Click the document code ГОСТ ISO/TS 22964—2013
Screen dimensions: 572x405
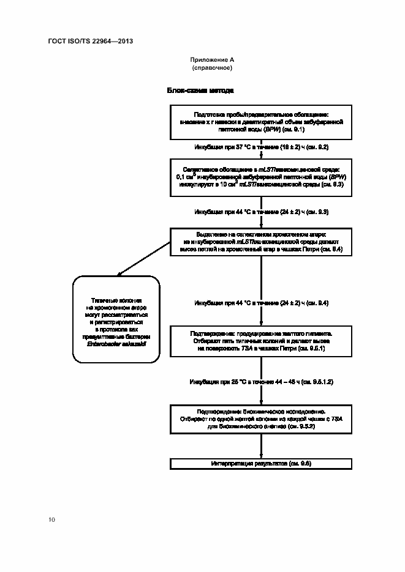click(90, 42)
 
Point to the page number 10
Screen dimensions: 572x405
click(51, 519)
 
